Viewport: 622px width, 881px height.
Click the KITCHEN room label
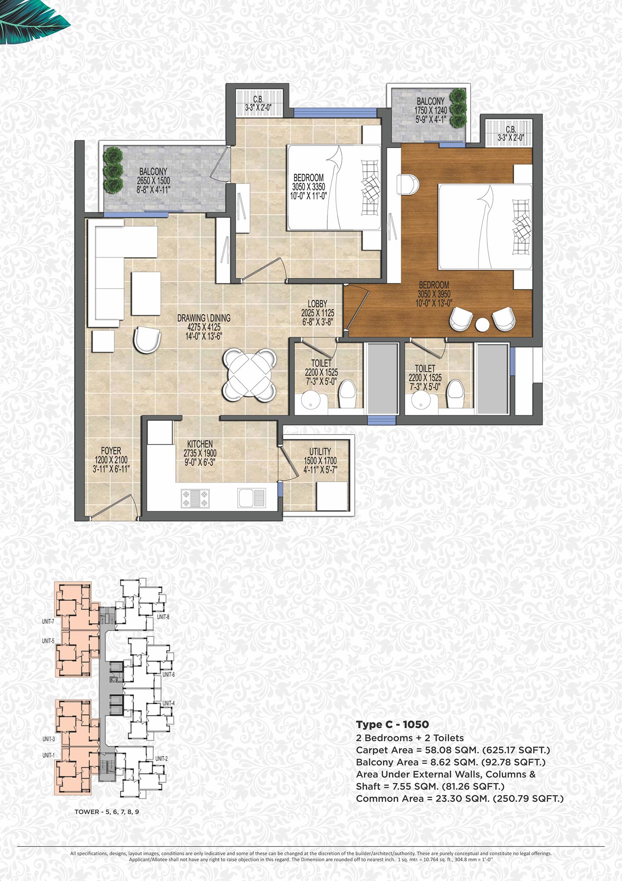(200, 444)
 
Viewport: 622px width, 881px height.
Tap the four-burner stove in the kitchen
(195, 499)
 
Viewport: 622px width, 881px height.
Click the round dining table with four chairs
(250, 375)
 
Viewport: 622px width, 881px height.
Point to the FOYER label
(111, 451)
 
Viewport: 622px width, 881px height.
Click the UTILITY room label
(320, 451)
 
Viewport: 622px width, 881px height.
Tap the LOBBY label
(318, 304)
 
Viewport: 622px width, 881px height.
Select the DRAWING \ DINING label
(204, 318)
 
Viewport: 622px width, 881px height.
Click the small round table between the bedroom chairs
(483, 325)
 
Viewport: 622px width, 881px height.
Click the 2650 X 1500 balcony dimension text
(153, 181)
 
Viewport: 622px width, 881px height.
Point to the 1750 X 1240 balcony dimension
(431, 110)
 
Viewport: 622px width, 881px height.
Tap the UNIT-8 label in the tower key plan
(163, 617)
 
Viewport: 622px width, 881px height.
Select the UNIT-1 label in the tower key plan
(49, 755)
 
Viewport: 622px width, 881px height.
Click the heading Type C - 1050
(392, 724)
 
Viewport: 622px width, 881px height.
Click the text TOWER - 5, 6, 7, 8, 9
(107, 812)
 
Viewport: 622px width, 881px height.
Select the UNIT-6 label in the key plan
(168, 675)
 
